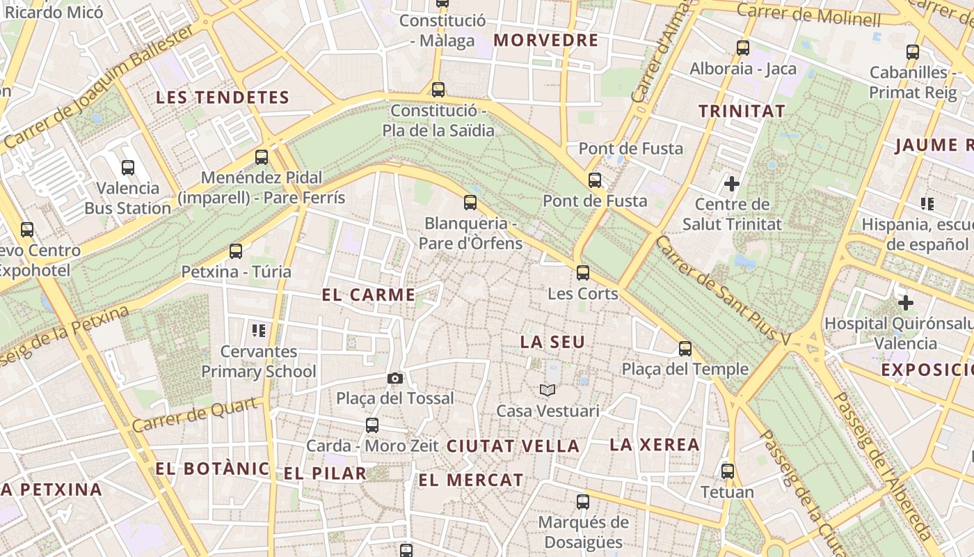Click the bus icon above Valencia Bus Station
(128, 167)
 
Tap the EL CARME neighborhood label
(368, 295)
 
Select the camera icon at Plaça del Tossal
(395, 378)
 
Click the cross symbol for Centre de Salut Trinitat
(732, 184)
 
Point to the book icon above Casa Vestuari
(548, 390)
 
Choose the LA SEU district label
(553, 342)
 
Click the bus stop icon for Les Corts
(583, 272)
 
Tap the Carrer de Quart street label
(198, 415)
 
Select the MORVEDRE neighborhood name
(546, 40)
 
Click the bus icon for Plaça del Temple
(685, 348)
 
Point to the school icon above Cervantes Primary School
(259, 330)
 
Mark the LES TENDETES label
(222, 97)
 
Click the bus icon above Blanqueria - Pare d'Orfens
(470, 203)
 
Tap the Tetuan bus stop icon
(728, 471)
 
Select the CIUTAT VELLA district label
(513, 446)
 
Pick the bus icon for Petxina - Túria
(236, 251)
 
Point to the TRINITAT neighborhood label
(742, 111)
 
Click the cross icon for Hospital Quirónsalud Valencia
(906, 303)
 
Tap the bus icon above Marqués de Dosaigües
(583, 501)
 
